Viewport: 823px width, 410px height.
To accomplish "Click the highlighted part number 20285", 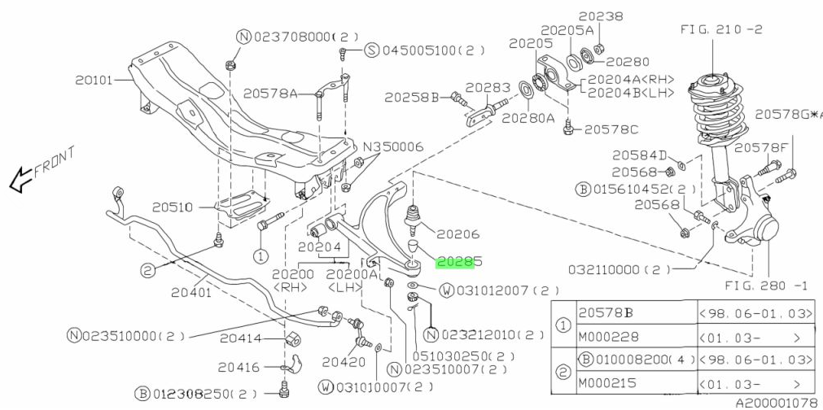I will [x=460, y=262].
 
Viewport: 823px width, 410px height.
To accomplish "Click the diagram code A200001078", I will [x=776, y=402].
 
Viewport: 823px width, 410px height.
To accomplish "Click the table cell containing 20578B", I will [x=606, y=312].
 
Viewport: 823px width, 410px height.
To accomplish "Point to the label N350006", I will [x=393, y=147].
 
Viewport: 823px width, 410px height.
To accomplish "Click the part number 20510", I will [x=171, y=207].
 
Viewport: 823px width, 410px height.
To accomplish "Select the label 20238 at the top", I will [x=601, y=15].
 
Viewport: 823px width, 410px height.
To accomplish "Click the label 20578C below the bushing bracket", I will [x=611, y=129].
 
